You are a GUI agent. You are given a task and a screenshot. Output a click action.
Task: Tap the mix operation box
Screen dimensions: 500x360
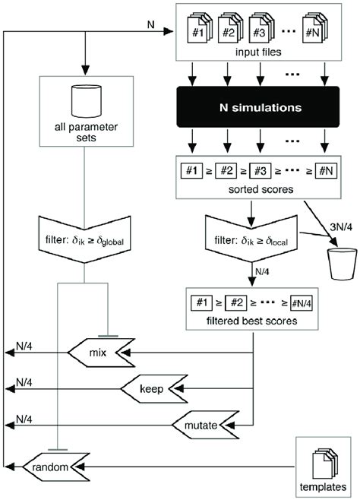pyautogui.click(x=96, y=353)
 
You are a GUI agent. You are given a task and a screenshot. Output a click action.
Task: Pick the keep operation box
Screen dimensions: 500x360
pyautogui.click(x=151, y=388)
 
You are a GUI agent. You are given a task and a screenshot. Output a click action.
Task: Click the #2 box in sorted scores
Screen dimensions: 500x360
pyautogui.click(x=227, y=168)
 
